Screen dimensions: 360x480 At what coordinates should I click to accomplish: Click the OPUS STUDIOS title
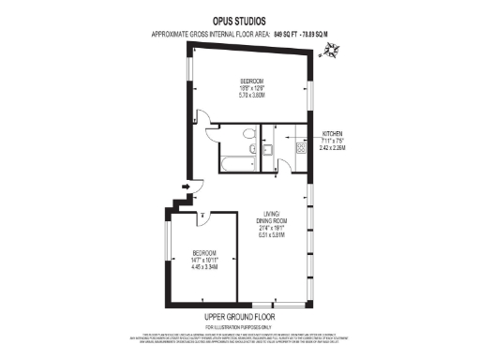(239, 20)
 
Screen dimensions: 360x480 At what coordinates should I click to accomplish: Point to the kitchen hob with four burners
(301, 148)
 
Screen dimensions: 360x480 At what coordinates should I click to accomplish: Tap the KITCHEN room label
(334, 133)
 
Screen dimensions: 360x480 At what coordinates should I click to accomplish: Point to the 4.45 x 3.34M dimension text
(205, 267)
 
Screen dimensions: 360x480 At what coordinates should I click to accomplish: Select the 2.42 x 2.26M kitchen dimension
(334, 147)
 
